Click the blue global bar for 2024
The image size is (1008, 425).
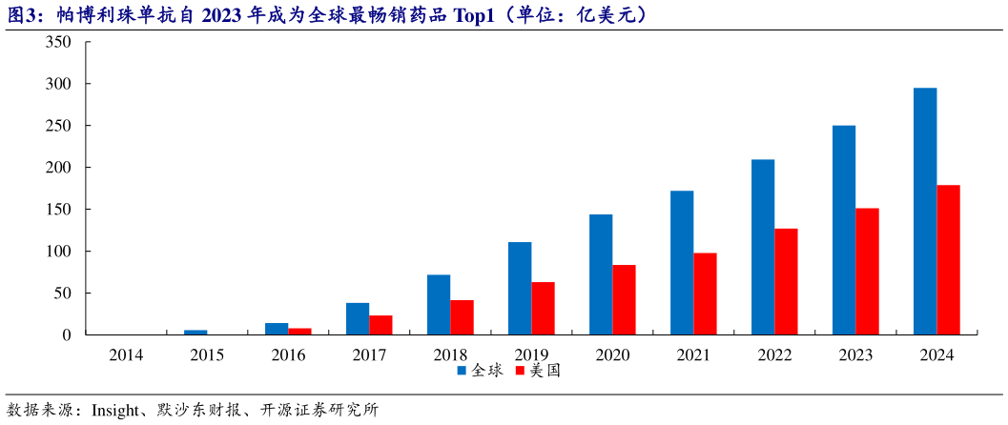pos(924,212)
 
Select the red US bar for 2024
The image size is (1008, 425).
pos(948,260)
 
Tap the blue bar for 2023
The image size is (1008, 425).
pos(843,230)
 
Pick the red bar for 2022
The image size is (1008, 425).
pos(786,282)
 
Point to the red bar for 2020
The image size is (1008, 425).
pos(624,300)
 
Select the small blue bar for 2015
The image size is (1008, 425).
pos(195,333)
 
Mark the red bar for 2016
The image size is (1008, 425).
pos(299,332)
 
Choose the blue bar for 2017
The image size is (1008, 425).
pos(358,319)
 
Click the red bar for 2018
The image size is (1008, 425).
pos(462,317)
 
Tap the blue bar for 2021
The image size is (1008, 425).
pos(681,263)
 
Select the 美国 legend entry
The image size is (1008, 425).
pos(538,370)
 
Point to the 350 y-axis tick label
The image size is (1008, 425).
pos(58,43)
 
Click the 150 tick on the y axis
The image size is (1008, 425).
pos(58,210)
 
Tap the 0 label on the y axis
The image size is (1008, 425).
pos(67,335)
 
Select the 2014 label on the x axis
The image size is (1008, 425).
pos(126,354)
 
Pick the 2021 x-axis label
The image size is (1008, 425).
pos(693,354)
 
